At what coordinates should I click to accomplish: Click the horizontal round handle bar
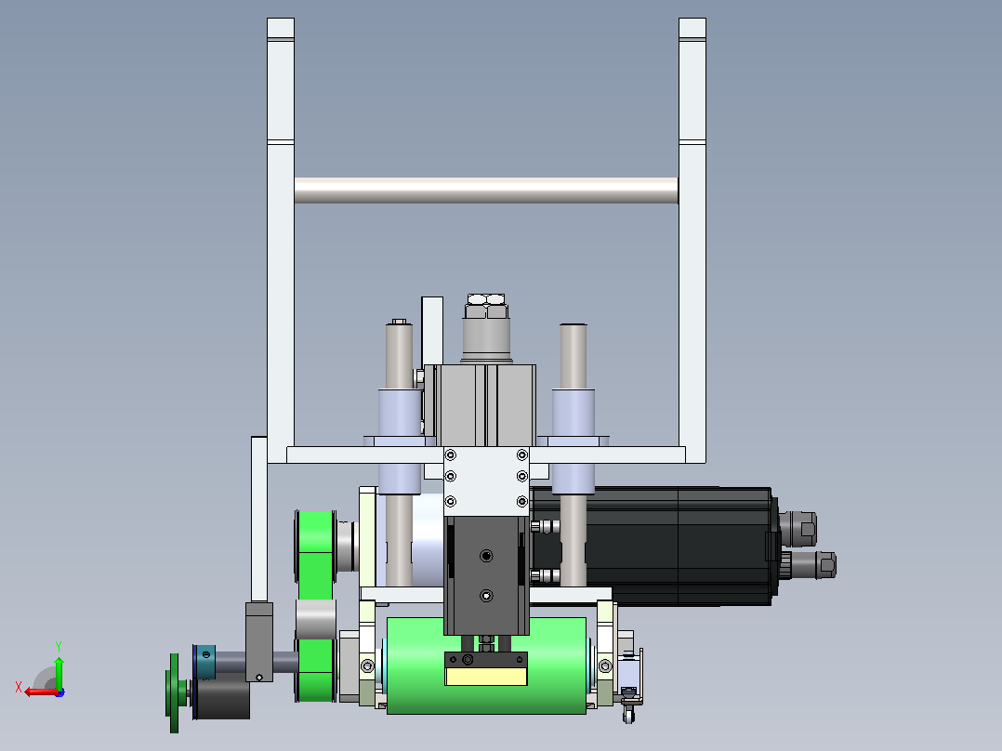(x=485, y=191)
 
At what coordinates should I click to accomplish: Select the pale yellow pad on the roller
(x=485, y=677)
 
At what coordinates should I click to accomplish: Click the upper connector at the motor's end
(x=798, y=528)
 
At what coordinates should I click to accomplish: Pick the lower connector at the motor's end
(x=812, y=564)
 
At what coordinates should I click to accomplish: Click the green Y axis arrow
(x=59, y=668)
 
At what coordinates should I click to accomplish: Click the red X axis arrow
(x=40, y=692)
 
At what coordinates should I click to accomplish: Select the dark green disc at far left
(x=174, y=693)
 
